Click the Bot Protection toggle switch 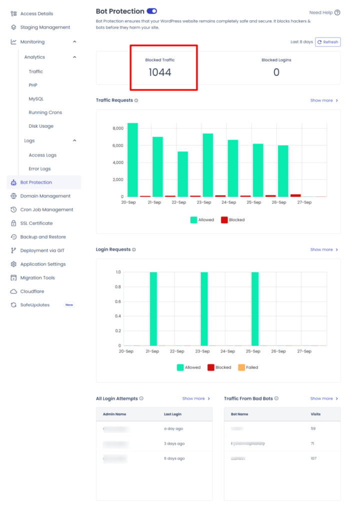coord(152,11)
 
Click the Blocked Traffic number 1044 coord(160,72)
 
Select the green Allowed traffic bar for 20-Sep coord(132,160)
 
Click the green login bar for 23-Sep coord(204,309)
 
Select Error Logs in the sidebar coord(39,169)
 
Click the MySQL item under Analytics coord(36,99)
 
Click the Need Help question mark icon coord(337,12)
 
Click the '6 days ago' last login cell coord(174,458)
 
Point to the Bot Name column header coord(239,414)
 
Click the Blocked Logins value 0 coord(276,72)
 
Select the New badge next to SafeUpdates coord(69,305)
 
